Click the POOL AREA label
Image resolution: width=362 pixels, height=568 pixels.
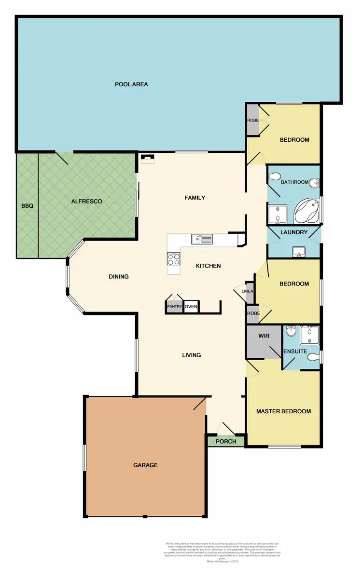pos(131,84)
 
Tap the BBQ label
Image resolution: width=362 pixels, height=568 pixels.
pos(27,206)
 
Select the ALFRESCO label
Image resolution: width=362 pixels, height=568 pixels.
pos(87,201)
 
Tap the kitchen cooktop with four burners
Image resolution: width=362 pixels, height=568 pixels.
pos(174,259)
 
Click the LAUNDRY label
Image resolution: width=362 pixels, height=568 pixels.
pos(294,232)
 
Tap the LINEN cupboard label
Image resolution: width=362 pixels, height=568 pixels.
pos(248,291)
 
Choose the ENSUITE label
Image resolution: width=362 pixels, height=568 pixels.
pos(295,352)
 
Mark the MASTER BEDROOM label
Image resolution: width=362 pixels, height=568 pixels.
pos(283,411)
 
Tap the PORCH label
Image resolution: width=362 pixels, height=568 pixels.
pos(226,441)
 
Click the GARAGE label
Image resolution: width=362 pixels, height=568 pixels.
pos(145,465)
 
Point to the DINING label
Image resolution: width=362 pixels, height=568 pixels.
pos(119,277)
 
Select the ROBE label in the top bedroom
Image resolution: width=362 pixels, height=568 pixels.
pos(252,120)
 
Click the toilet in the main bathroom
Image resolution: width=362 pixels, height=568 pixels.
pos(276,176)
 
